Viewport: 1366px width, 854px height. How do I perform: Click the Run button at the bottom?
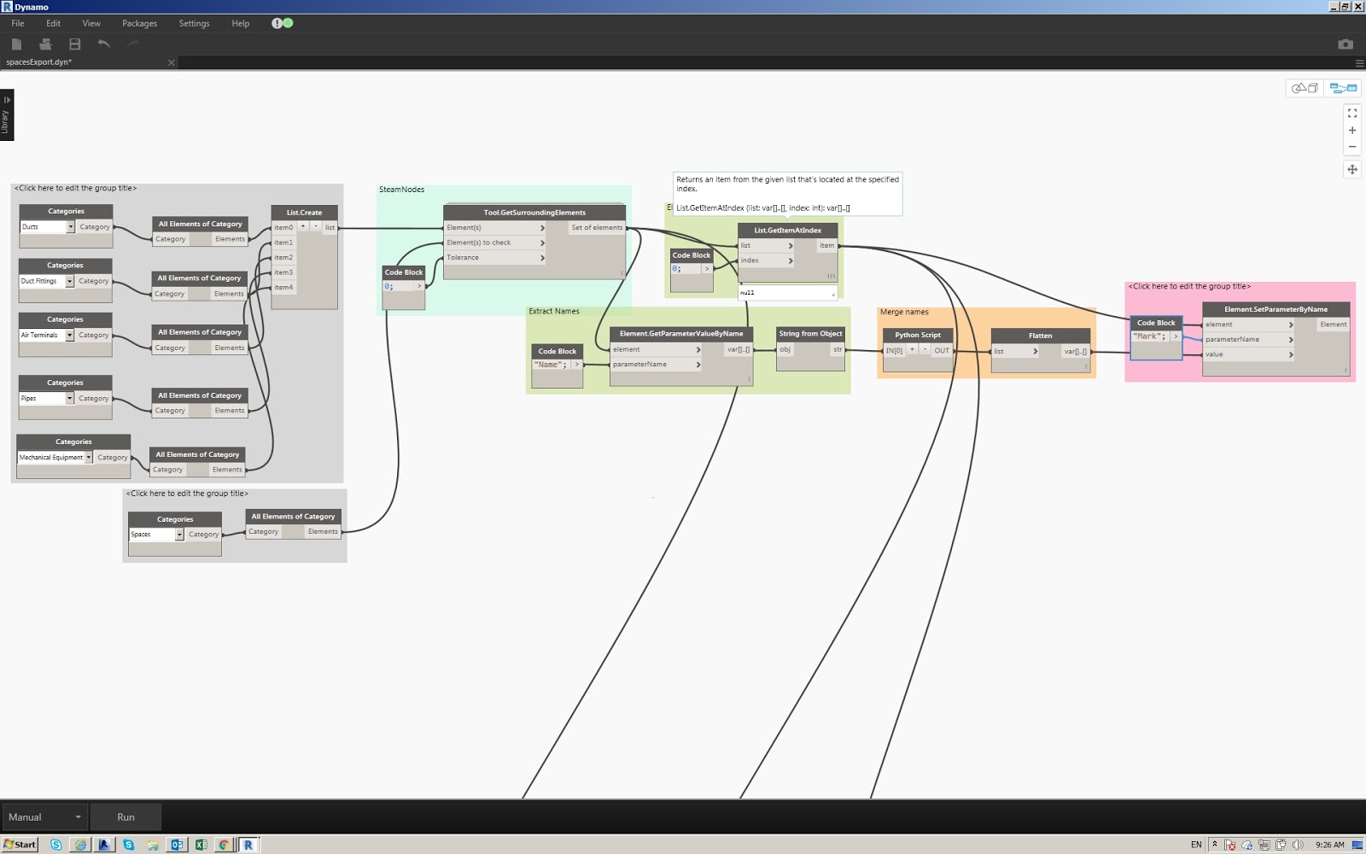click(126, 817)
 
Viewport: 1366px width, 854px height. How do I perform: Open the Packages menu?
click(139, 24)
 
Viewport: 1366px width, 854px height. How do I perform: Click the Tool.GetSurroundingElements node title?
click(534, 213)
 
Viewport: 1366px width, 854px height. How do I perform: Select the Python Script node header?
click(918, 335)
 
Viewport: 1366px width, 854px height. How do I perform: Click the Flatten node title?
click(1040, 336)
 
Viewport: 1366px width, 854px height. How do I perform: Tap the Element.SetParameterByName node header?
click(1276, 309)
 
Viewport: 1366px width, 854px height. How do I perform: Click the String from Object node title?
click(810, 334)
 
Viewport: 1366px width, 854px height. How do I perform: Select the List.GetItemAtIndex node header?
click(787, 231)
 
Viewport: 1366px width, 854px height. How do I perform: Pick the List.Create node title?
click(304, 213)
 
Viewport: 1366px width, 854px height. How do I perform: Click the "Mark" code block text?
click(1149, 336)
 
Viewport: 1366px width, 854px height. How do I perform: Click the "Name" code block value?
click(551, 365)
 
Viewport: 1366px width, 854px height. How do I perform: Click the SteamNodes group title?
click(401, 190)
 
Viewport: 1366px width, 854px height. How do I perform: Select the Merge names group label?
click(904, 313)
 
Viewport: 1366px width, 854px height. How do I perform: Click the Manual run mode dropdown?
click(44, 817)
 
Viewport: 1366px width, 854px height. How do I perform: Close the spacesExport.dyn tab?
click(171, 62)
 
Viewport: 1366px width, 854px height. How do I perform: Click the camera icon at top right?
click(1345, 44)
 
